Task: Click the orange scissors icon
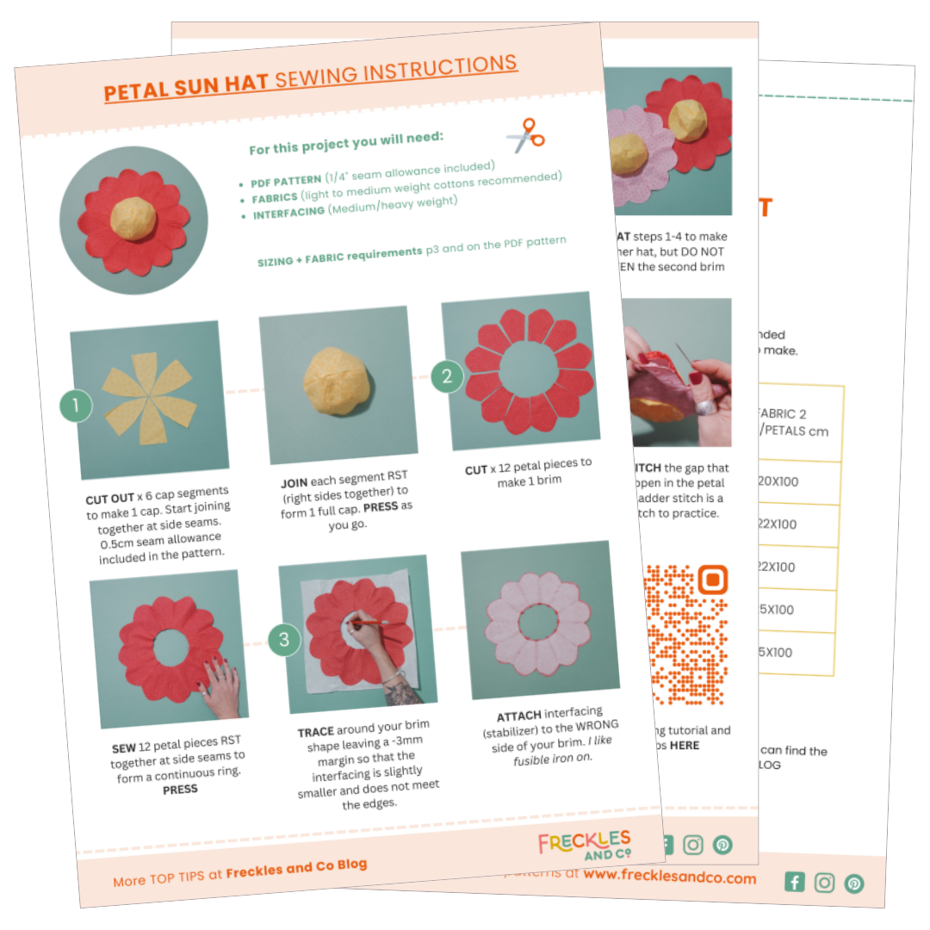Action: pos(525,135)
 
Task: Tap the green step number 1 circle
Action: pos(76,406)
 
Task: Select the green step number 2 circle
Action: pos(447,375)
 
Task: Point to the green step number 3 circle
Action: pos(284,640)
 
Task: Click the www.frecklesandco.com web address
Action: pos(669,877)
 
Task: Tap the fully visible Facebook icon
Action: pos(795,882)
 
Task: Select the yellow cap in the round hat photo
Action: pos(133,219)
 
